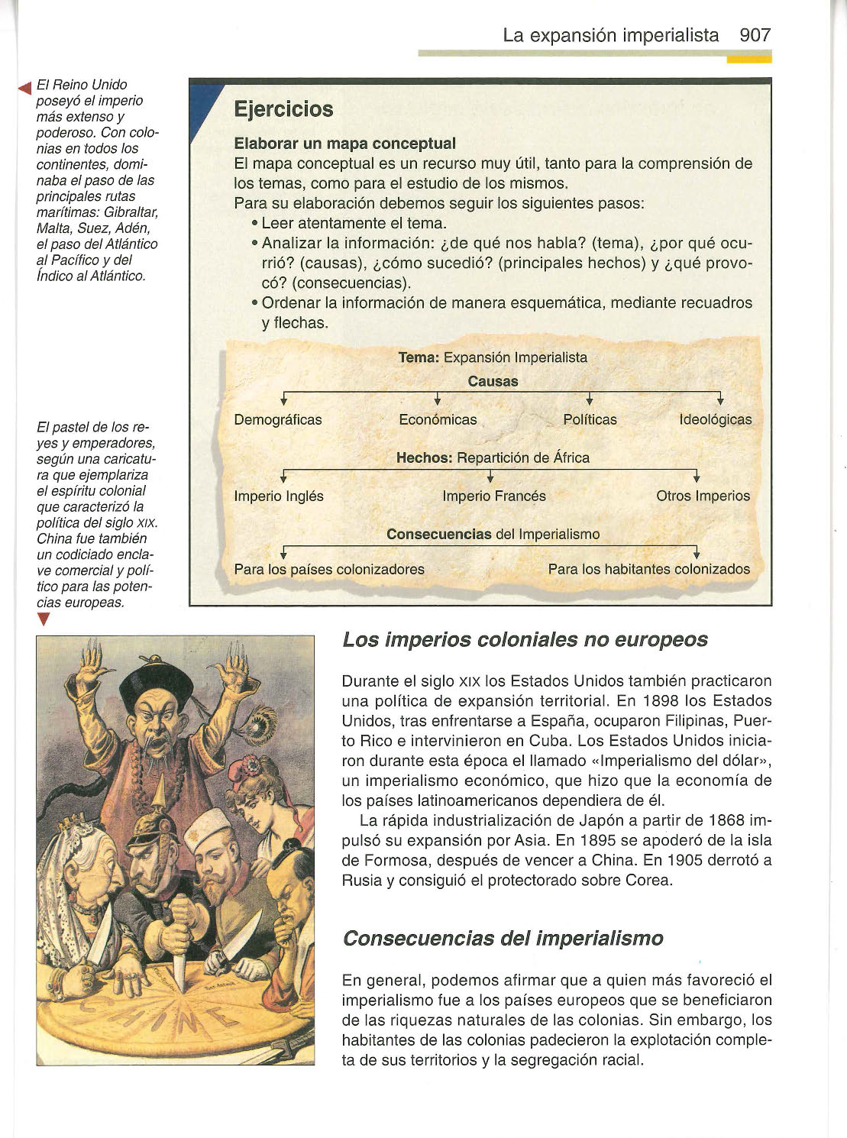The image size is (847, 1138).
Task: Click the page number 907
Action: [x=755, y=35]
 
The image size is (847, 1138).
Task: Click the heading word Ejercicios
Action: [x=283, y=109]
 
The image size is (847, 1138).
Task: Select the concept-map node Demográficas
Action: [x=278, y=419]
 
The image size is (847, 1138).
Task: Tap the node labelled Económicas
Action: [x=438, y=419]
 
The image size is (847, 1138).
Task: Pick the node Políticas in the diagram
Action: [x=590, y=419]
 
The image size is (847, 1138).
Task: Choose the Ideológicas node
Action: [x=715, y=419]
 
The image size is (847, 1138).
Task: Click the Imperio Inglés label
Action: [x=279, y=496]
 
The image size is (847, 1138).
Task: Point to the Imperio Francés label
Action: [x=494, y=496]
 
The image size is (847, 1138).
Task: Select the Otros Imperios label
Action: [x=703, y=496]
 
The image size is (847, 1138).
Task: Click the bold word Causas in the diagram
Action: [x=493, y=381]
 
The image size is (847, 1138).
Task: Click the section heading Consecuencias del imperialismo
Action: [x=503, y=938]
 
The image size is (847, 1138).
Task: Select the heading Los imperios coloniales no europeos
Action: [x=525, y=639]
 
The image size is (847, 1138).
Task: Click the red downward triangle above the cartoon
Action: [x=44, y=619]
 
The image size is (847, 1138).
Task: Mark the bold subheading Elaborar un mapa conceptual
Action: [x=344, y=144]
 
